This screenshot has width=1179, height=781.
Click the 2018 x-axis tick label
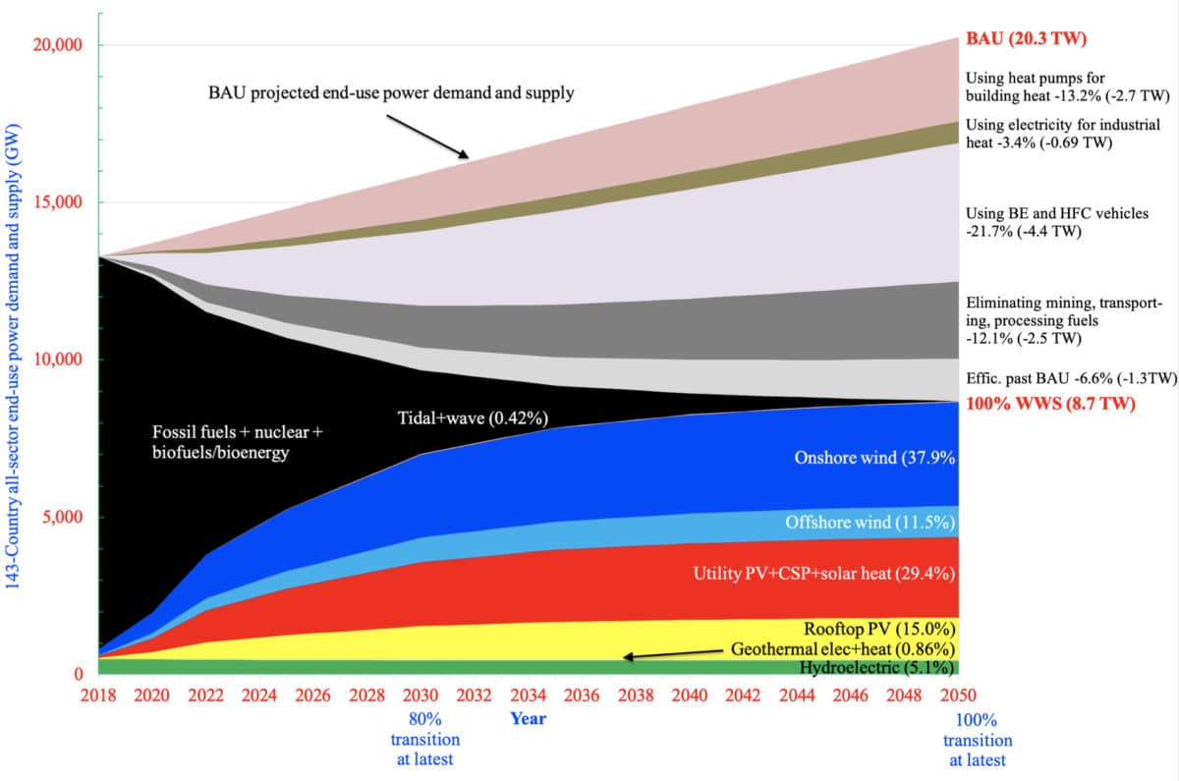(x=99, y=696)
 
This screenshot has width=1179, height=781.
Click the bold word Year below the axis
(x=528, y=718)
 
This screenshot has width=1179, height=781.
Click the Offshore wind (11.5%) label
(x=870, y=523)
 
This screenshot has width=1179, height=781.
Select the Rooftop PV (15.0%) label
(x=879, y=629)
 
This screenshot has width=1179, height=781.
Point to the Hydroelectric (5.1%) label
(x=876, y=668)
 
